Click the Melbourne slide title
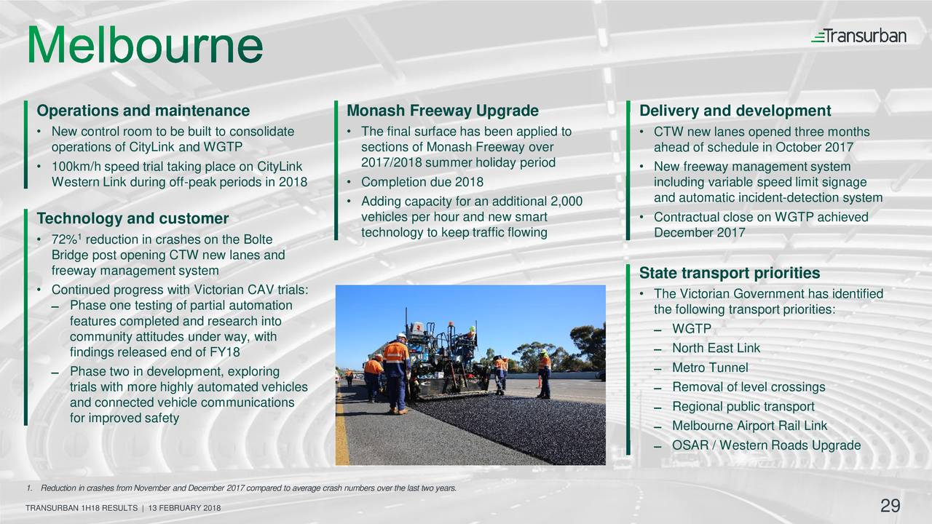145,44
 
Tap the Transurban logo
858,36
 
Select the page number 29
890,506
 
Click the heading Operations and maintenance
143,111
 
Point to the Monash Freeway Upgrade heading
443,111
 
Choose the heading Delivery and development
735,111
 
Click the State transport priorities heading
730,273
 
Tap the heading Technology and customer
133,218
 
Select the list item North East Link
716,348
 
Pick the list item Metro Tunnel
710,368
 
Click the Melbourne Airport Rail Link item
750,426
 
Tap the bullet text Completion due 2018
422,182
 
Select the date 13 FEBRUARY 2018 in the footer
184,508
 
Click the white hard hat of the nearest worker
401,336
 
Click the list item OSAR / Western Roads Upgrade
767,445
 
